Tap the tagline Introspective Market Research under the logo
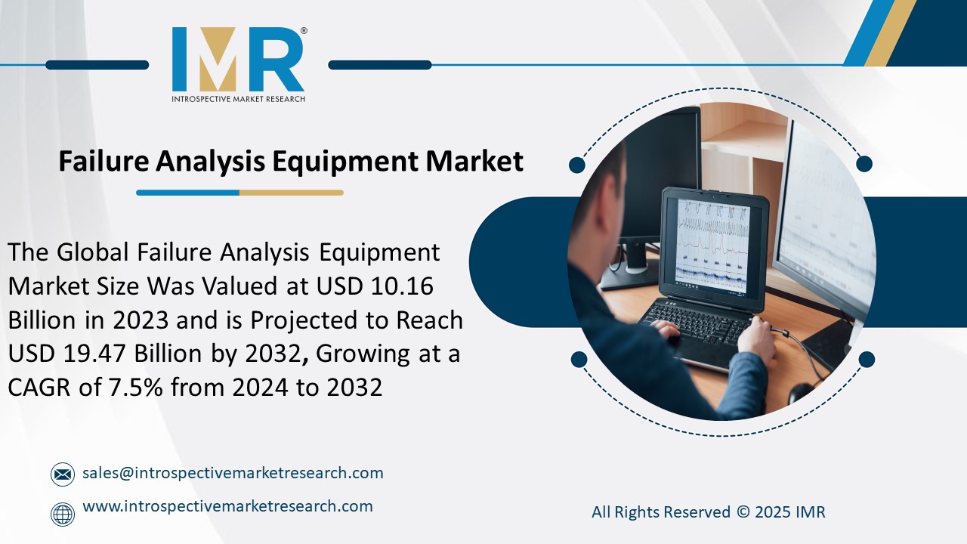tap(238, 99)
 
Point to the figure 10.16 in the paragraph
tap(412, 286)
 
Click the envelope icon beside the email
tap(63, 474)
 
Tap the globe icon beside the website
tap(63, 514)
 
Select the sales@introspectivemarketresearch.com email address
tap(233, 473)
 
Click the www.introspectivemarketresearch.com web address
tap(227, 506)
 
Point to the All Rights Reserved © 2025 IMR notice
tap(708, 512)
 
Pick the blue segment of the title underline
tap(187, 193)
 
